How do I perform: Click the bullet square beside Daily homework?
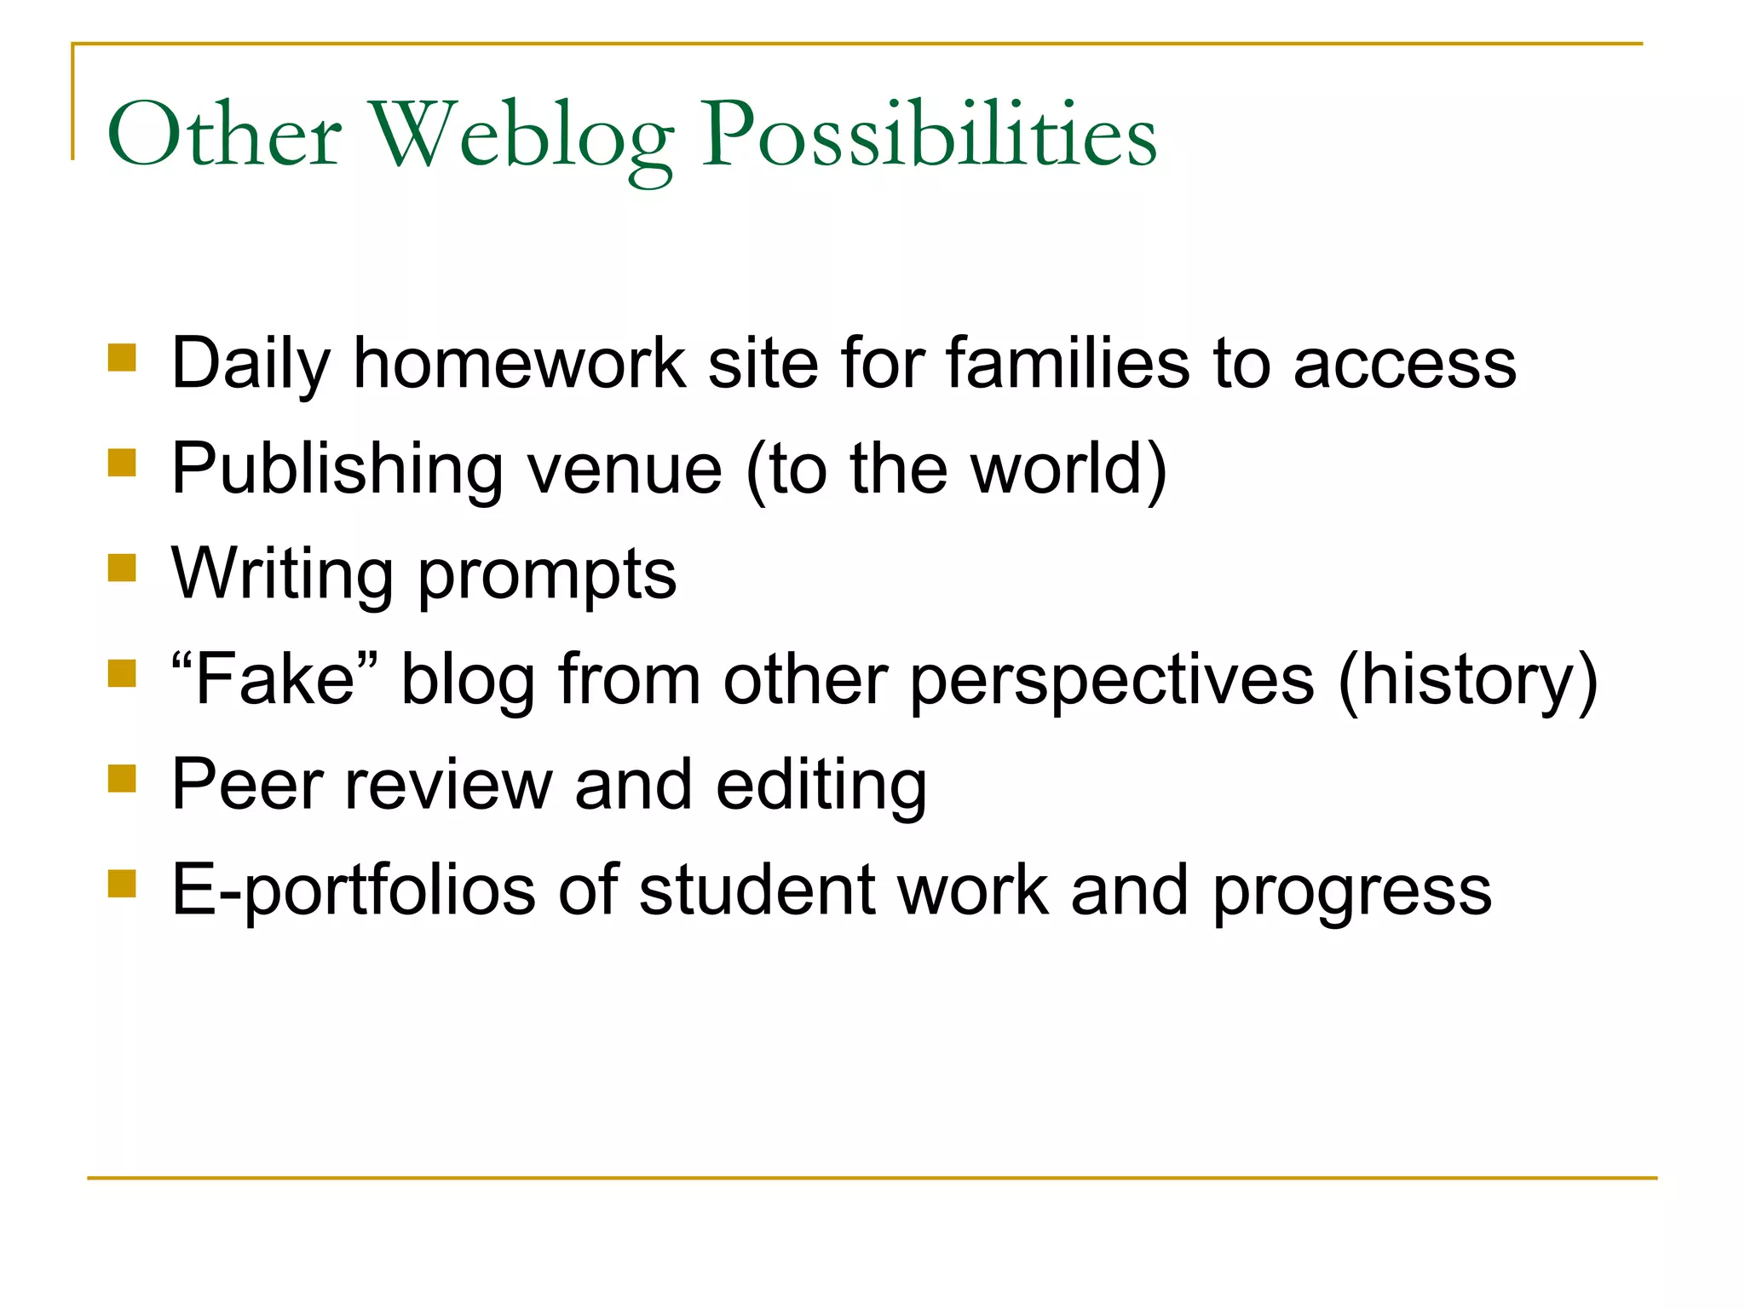tap(123, 358)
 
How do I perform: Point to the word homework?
tap(520, 364)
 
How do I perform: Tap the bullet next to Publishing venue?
tap(123, 463)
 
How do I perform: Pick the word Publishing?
tap(337, 470)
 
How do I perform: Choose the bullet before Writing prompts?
tap(123, 568)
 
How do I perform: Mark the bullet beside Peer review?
tap(123, 778)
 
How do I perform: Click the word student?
tap(757, 891)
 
